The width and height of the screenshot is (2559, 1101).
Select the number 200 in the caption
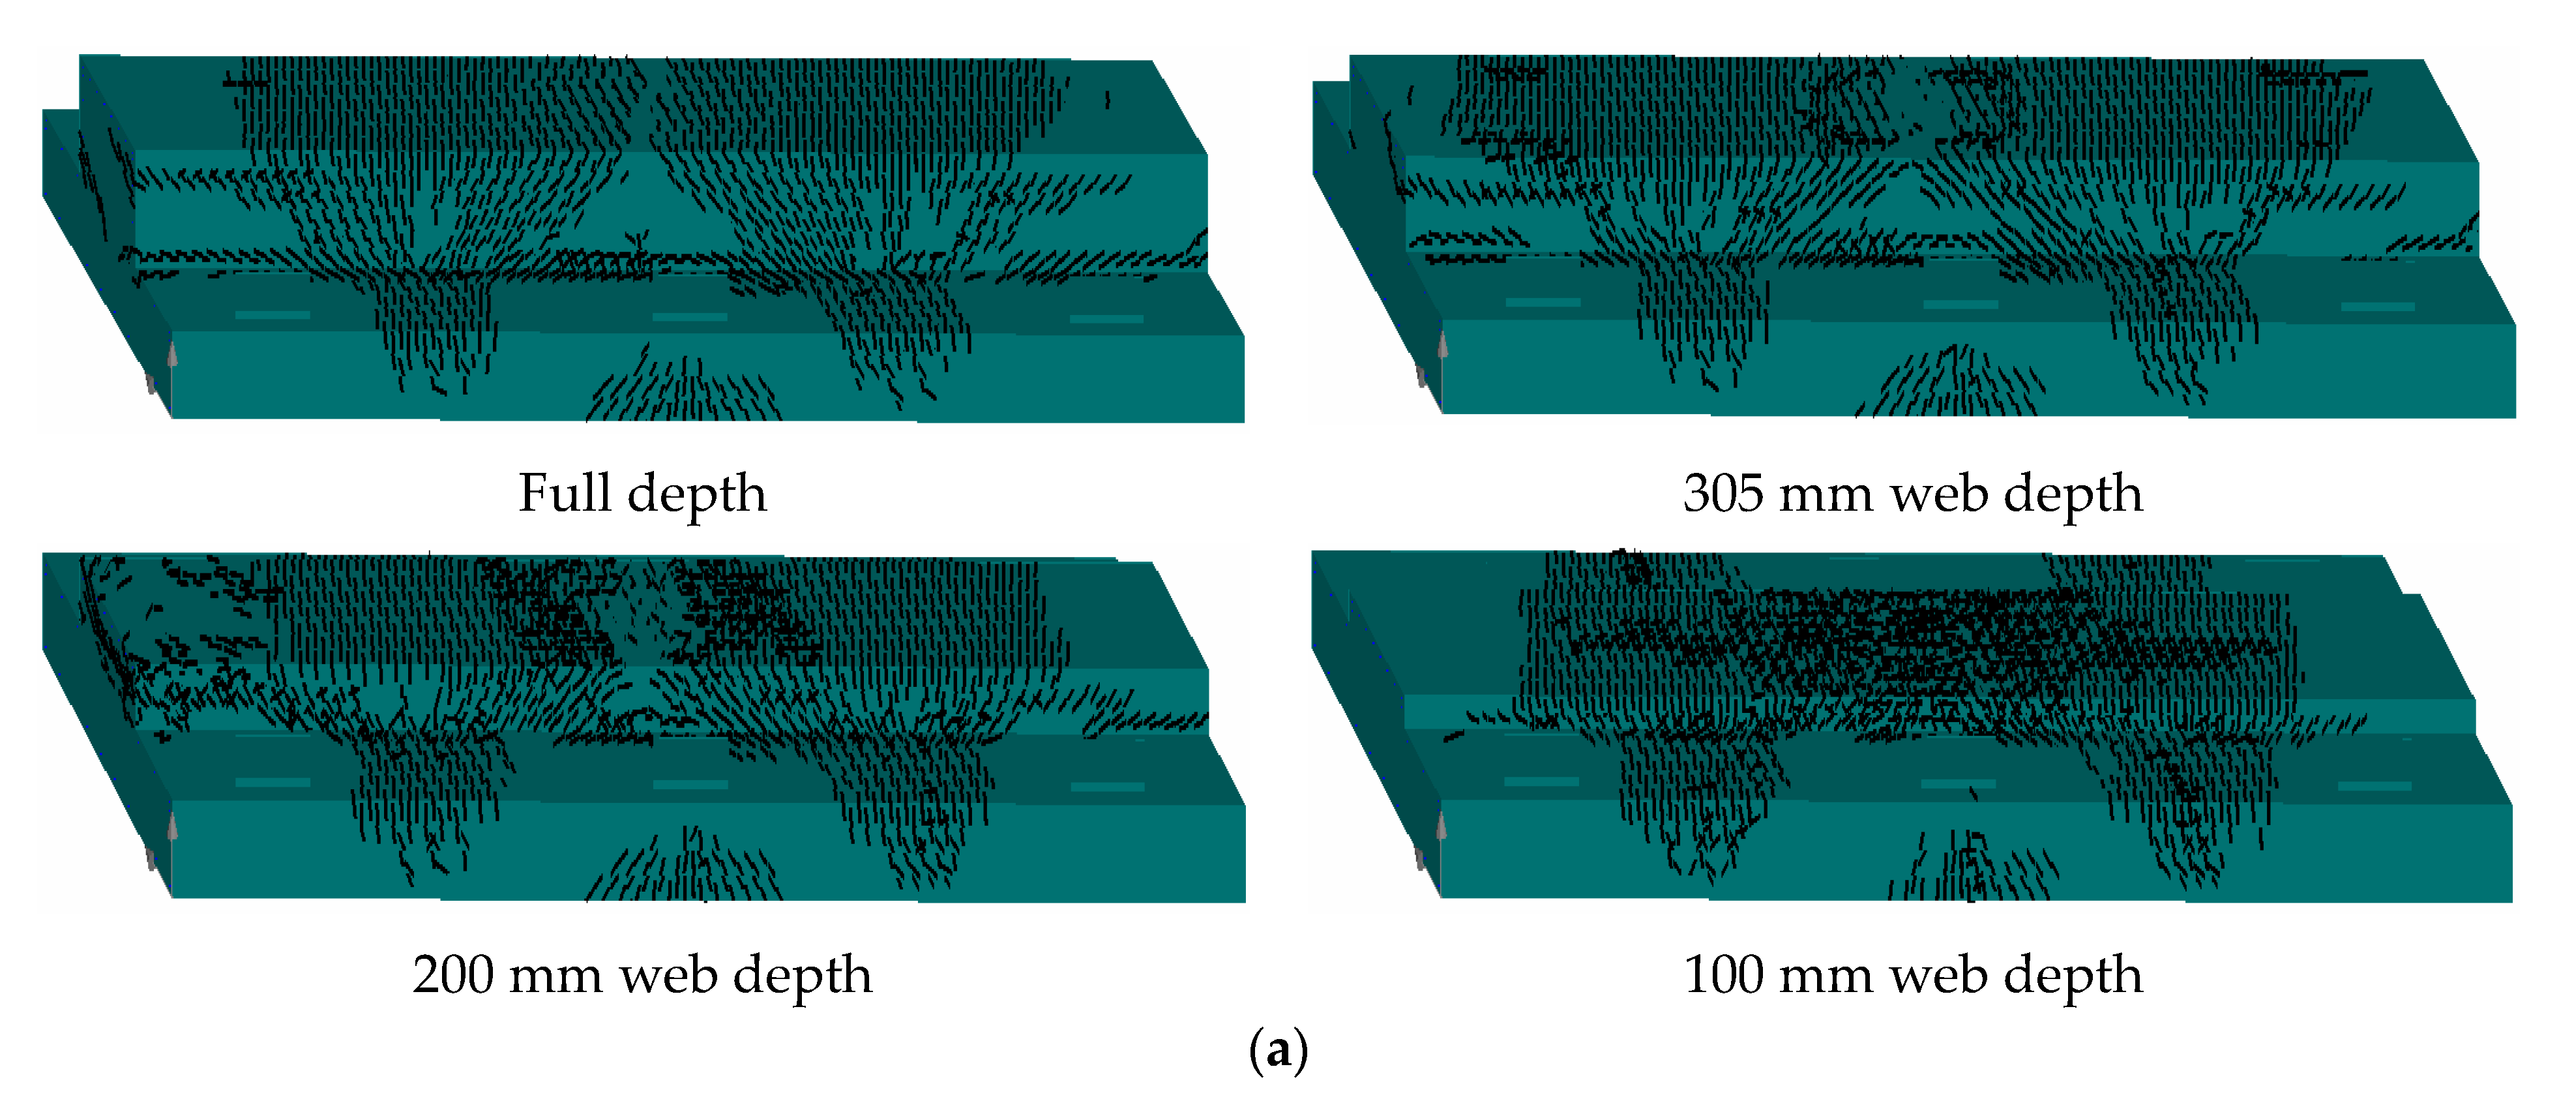(x=453, y=975)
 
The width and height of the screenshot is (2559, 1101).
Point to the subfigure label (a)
(x=1279, y=1050)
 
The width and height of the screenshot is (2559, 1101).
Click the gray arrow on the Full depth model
(x=172, y=354)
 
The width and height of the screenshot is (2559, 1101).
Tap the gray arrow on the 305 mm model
(x=1442, y=345)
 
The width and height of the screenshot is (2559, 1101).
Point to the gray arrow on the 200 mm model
(x=172, y=827)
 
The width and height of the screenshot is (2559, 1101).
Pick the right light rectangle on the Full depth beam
(x=1106, y=319)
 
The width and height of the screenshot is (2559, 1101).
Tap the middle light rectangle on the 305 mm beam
(x=1960, y=304)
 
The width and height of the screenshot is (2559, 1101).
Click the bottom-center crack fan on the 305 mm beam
(x=1952, y=383)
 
